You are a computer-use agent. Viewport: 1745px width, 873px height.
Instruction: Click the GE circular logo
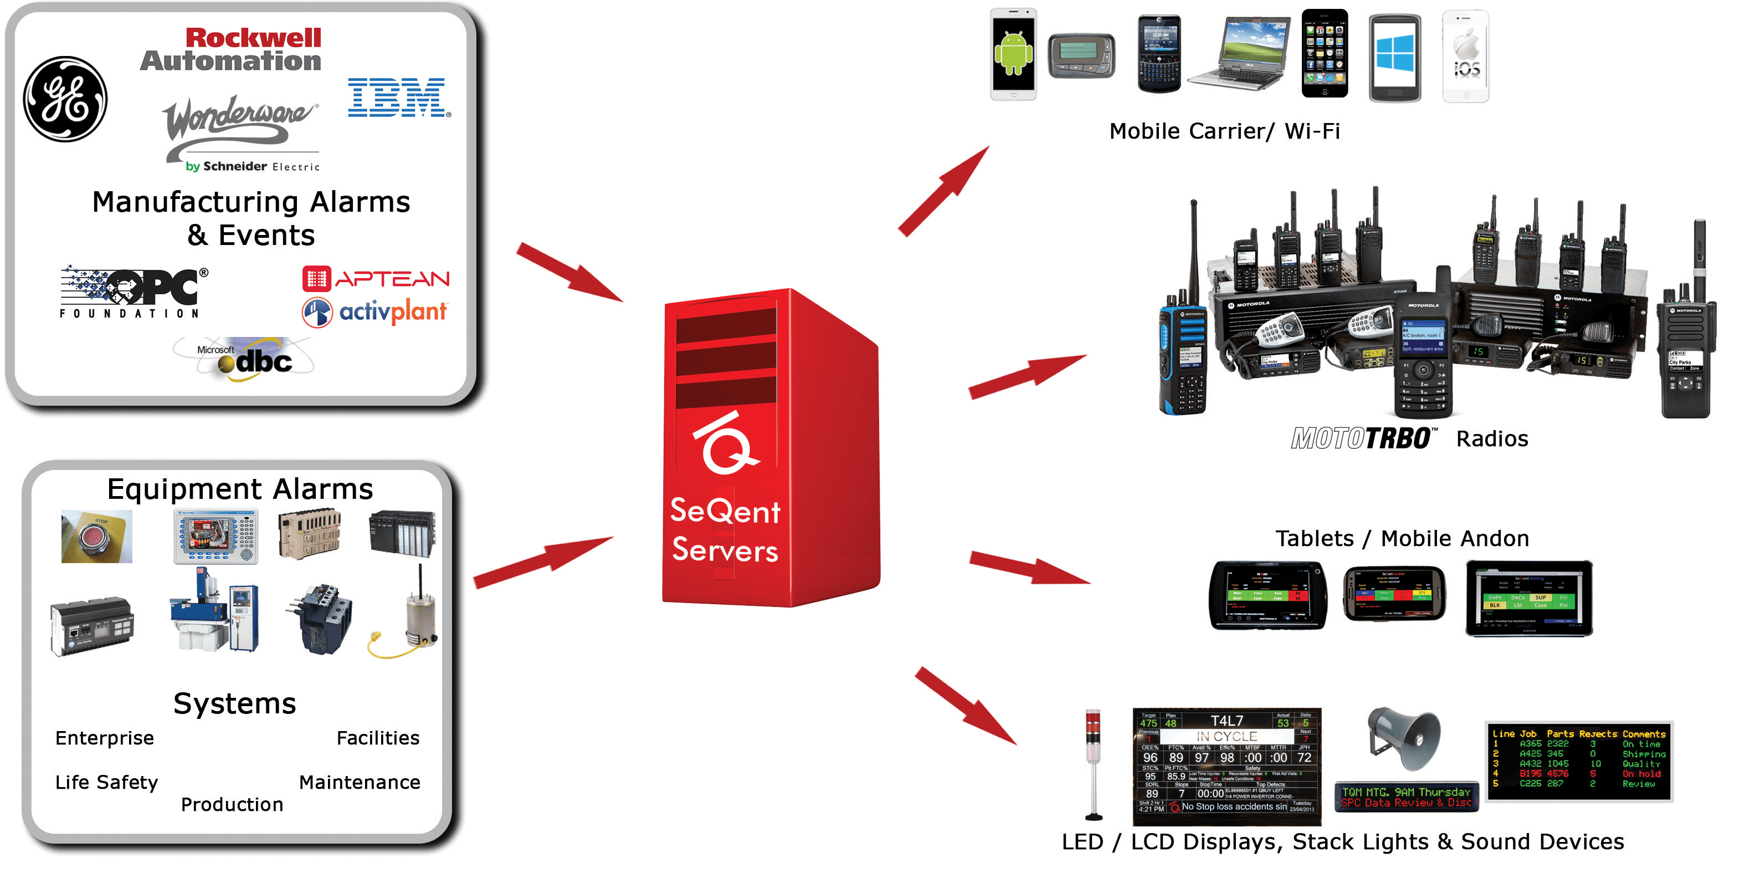(66, 99)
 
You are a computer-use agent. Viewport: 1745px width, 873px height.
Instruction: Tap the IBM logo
(398, 98)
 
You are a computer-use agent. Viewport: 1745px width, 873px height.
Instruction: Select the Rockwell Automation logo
(231, 49)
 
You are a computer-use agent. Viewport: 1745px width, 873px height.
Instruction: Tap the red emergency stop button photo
(97, 537)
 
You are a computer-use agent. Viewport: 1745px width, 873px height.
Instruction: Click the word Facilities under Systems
(377, 738)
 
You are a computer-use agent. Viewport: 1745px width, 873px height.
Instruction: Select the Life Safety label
(106, 782)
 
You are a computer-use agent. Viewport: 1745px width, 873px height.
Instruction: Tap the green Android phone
(1013, 55)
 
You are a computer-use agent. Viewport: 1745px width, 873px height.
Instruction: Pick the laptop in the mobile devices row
(1238, 54)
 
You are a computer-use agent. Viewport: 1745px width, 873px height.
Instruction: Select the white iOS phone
(1465, 56)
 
